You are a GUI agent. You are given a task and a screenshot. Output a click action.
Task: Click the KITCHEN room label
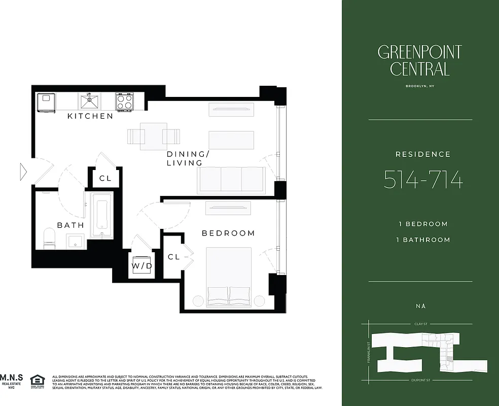pos(90,116)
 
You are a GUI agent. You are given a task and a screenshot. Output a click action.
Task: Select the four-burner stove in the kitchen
pos(124,101)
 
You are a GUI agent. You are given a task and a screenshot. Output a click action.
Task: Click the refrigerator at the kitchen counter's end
pos(46,101)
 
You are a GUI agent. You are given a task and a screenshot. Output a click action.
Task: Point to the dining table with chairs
pos(153,136)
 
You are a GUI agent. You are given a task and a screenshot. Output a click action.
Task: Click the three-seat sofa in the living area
pos(231,180)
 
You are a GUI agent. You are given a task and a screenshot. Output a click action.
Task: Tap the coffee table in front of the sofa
pos(231,140)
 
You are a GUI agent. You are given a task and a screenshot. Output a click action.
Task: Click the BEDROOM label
pos(228,233)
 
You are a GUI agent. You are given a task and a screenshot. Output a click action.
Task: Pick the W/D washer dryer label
pos(142,266)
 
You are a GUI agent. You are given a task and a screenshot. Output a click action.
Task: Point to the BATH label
pos(70,225)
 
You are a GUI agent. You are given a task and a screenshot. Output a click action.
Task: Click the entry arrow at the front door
pos(23,171)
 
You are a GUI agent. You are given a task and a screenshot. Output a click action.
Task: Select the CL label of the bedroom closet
pos(173,257)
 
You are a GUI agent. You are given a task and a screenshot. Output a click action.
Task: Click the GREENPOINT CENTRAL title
pos(419,60)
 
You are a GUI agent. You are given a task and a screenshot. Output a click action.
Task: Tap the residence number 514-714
pos(423,180)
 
